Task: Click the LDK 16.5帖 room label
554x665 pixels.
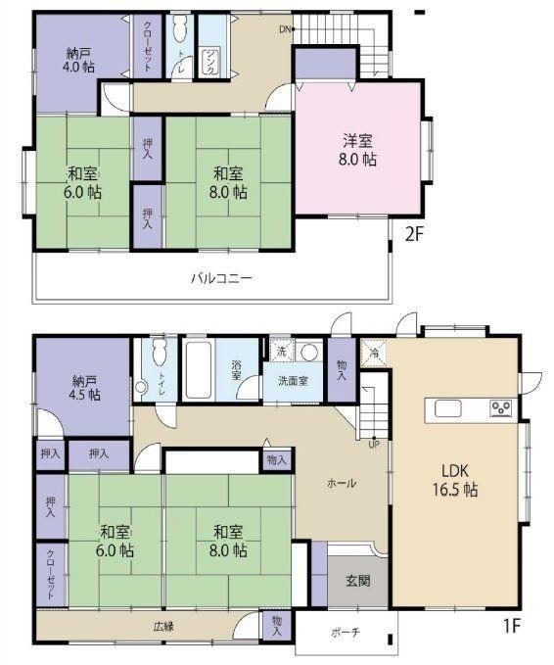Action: pyautogui.click(x=455, y=480)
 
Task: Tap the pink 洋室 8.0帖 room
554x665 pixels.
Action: pyautogui.click(x=357, y=149)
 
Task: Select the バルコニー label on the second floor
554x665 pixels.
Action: pyautogui.click(x=221, y=279)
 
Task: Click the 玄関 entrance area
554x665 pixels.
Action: pyautogui.click(x=358, y=581)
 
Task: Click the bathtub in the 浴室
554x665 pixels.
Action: pyautogui.click(x=199, y=370)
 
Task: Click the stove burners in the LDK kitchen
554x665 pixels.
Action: pyautogui.click(x=500, y=408)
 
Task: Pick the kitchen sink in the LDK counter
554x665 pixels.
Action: pyautogui.click(x=447, y=409)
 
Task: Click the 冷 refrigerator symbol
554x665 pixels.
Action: pyautogui.click(x=374, y=353)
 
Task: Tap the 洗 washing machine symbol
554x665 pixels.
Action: pyautogui.click(x=282, y=351)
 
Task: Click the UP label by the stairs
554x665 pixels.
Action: pyautogui.click(x=374, y=445)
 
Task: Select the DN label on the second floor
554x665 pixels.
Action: pyautogui.click(x=285, y=29)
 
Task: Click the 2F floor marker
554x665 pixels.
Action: pyautogui.click(x=414, y=234)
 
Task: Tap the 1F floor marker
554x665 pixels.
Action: pyautogui.click(x=511, y=626)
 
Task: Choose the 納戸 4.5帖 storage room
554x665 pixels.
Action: pyautogui.click(x=82, y=387)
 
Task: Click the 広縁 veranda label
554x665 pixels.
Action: pyautogui.click(x=163, y=627)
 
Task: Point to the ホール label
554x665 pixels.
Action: pyautogui.click(x=342, y=483)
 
